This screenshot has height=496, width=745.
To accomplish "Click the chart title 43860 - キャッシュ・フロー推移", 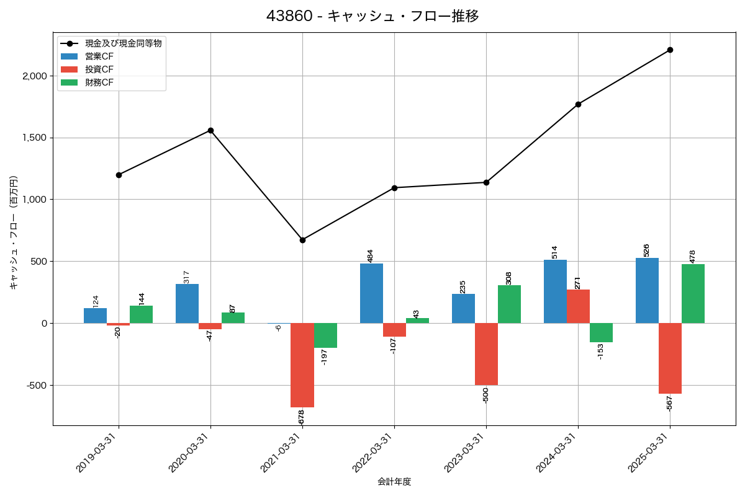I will (372, 16).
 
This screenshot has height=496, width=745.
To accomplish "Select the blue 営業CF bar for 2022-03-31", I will (371, 293).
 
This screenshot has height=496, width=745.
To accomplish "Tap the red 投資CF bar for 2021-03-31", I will (302, 365).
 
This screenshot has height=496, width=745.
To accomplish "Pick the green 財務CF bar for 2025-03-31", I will (693, 294).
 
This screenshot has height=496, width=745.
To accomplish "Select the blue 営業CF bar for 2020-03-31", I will (187, 304).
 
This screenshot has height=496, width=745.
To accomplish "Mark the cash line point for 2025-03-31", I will (670, 50).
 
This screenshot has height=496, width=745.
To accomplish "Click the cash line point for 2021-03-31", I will (302, 240).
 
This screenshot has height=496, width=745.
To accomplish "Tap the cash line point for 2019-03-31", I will (119, 175).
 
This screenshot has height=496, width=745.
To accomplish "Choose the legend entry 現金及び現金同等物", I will (124, 43).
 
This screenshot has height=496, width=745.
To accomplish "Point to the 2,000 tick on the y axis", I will (35, 76).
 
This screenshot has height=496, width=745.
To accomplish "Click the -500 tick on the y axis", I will (37, 385).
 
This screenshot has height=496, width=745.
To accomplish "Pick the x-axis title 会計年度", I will (394, 482).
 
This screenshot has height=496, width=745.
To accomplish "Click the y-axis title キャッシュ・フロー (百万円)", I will (14, 232).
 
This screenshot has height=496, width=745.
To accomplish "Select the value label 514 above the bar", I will (555, 252).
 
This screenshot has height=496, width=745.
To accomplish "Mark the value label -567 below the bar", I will (669, 403).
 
